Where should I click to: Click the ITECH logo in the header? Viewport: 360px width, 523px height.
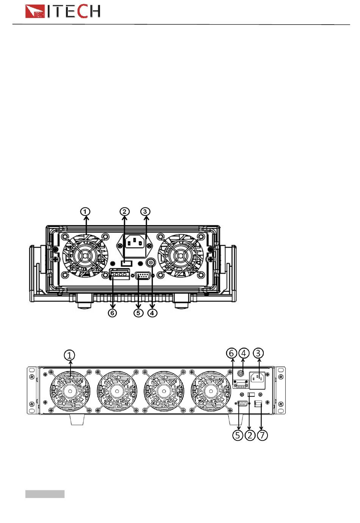point(62,11)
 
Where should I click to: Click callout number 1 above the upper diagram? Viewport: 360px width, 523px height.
point(85,212)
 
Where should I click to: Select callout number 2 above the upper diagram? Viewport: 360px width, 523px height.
point(124,212)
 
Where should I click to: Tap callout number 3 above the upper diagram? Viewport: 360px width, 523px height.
point(145,212)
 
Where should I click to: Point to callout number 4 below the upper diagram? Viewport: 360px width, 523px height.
point(152,313)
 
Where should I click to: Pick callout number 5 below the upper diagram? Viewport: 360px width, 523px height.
point(138,313)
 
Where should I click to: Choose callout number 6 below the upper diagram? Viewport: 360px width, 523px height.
point(112,313)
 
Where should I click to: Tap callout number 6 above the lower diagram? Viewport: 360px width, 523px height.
point(231,353)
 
